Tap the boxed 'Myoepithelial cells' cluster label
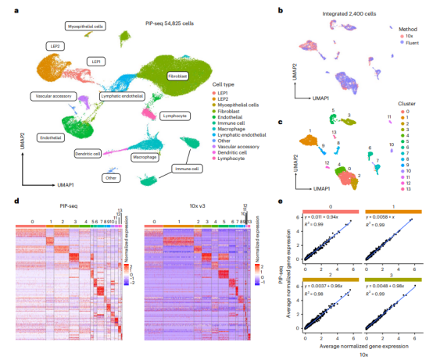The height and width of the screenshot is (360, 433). click(x=85, y=27)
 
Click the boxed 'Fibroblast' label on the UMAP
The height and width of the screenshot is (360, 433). click(x=177, y=77)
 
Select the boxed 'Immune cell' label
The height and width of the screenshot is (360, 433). click(x=186, y=168)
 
